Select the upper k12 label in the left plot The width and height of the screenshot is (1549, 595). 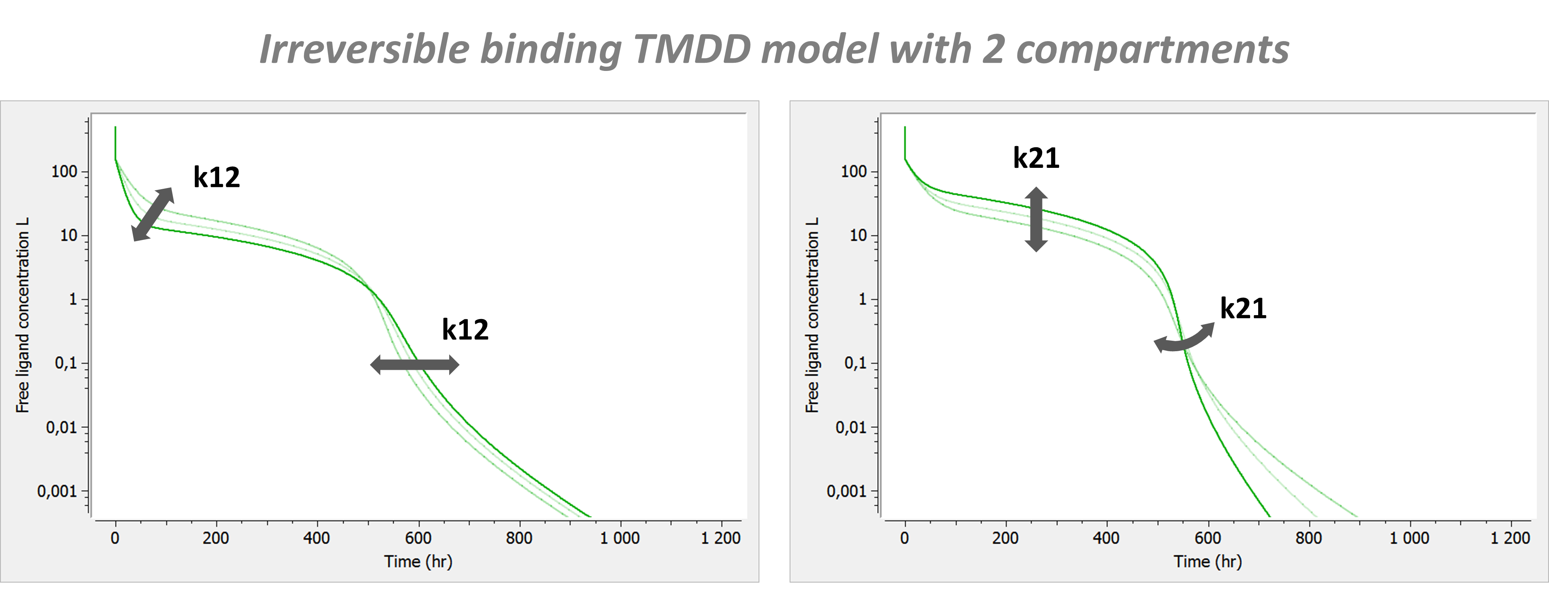click(x=216, y=178)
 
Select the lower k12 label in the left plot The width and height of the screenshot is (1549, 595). click(x=465, y=330)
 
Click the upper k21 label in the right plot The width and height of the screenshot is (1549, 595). click(x=1036, y=158)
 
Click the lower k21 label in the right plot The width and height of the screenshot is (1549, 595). click(x=1243, y=309)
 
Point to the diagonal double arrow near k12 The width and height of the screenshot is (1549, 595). click(x=153, y=214)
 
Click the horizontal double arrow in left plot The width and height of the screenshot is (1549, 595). click(x=414, y=365)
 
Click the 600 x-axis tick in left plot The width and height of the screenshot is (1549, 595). click(x=418, y=538)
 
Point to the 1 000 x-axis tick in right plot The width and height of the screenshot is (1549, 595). click(x=1409, y=538)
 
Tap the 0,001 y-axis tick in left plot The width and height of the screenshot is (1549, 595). click(x=58, y=492)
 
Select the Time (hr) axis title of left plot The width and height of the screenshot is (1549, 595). click(x=418, y=562)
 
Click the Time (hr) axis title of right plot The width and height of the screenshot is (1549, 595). click(x=1207, y=562)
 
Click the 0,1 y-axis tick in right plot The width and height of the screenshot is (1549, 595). click(x=856, y=363)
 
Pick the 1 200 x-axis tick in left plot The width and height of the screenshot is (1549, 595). click(x=720, y=538)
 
